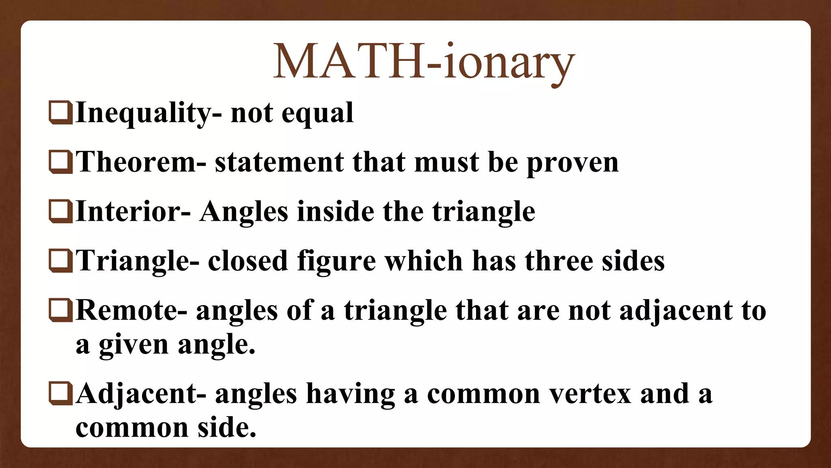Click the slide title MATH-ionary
coord(424,62)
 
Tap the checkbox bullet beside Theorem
coord(60,162)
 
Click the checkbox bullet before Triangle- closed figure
coord(60,261)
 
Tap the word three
coord(559,261)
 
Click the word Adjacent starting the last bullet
coord(136,395)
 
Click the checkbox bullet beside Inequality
coord(60,112)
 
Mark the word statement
coord(279,162)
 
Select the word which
coord(424,261)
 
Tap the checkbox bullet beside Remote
coord(60,310)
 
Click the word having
coord(350,395)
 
